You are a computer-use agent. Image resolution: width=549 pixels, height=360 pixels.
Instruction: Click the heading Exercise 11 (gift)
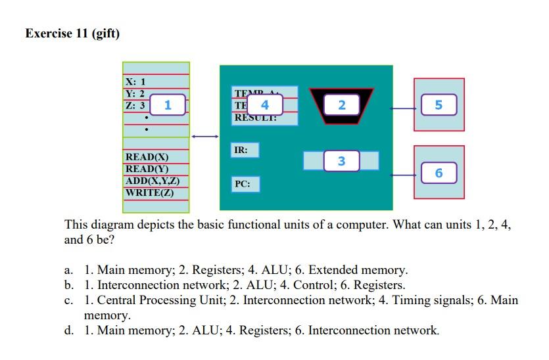[x=72, y=34]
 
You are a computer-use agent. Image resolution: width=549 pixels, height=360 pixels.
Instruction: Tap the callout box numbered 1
[x=168, y=104]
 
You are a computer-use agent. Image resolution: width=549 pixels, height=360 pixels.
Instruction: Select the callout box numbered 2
[x=341, y=105]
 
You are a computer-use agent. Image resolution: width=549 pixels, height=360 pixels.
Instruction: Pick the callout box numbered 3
[x=341, y=161]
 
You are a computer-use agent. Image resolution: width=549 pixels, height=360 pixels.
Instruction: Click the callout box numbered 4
[x=264, y=105]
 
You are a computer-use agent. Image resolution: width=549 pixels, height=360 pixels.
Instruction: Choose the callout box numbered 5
[x=439, y=105]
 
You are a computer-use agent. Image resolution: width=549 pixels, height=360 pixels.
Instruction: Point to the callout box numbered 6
[x=439, y=173]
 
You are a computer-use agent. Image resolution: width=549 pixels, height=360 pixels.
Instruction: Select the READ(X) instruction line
[x=147, y=157]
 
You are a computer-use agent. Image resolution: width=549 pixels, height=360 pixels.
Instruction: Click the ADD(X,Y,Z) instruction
[x=153, y=181]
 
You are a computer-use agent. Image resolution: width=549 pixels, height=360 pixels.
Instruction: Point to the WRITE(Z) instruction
[x=149, y=192]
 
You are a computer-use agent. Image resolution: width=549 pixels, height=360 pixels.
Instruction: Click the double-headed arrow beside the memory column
[x=204, y=137]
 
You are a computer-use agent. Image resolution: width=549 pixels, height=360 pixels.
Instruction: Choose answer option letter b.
[x=68, y=285]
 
